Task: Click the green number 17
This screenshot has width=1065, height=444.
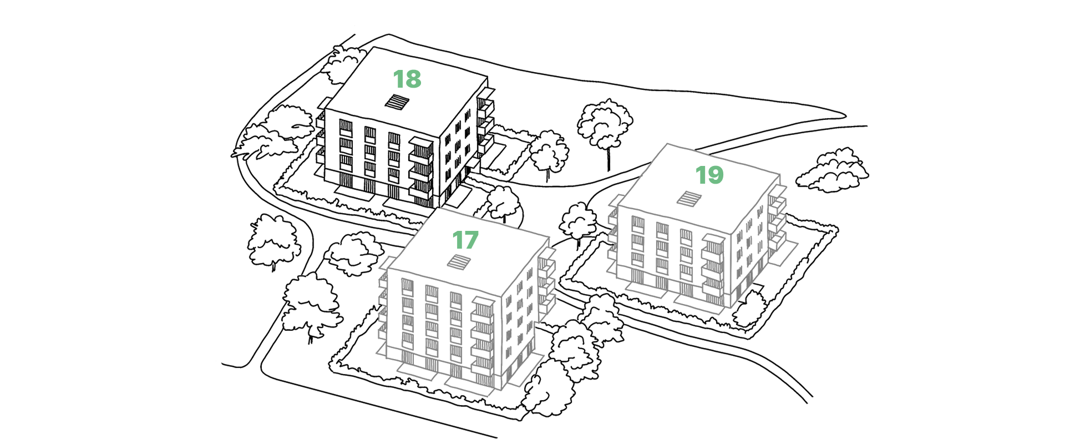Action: click(465, 240)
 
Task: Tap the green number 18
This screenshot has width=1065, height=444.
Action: click(407, 79)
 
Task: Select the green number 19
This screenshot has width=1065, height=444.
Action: click(709, 175)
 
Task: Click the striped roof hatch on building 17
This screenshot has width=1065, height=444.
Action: click(460, 261)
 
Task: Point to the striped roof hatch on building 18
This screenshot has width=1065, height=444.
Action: click(397, 102)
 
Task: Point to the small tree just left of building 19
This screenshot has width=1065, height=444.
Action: click(577, 219)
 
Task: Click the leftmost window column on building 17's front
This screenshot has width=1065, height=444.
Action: click(407, 319)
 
